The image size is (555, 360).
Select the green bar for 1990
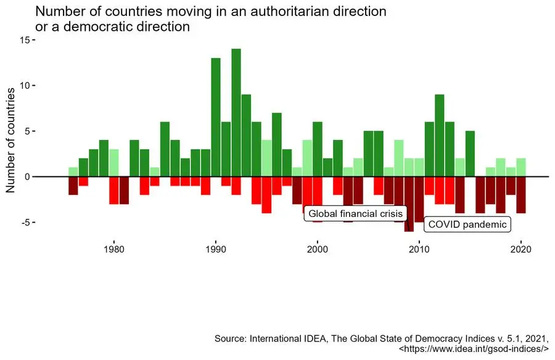tap(216, 117)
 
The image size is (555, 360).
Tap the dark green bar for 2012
tap(440, 136)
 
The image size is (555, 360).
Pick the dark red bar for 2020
tap(521, 195)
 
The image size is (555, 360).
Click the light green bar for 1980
tap(113, 163)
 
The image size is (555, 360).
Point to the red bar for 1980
tap(113, 190)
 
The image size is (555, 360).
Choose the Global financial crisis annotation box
tap(355, 214)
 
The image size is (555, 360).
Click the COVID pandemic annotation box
tap(466, 224)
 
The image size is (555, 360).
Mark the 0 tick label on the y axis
tap(27, 177)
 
